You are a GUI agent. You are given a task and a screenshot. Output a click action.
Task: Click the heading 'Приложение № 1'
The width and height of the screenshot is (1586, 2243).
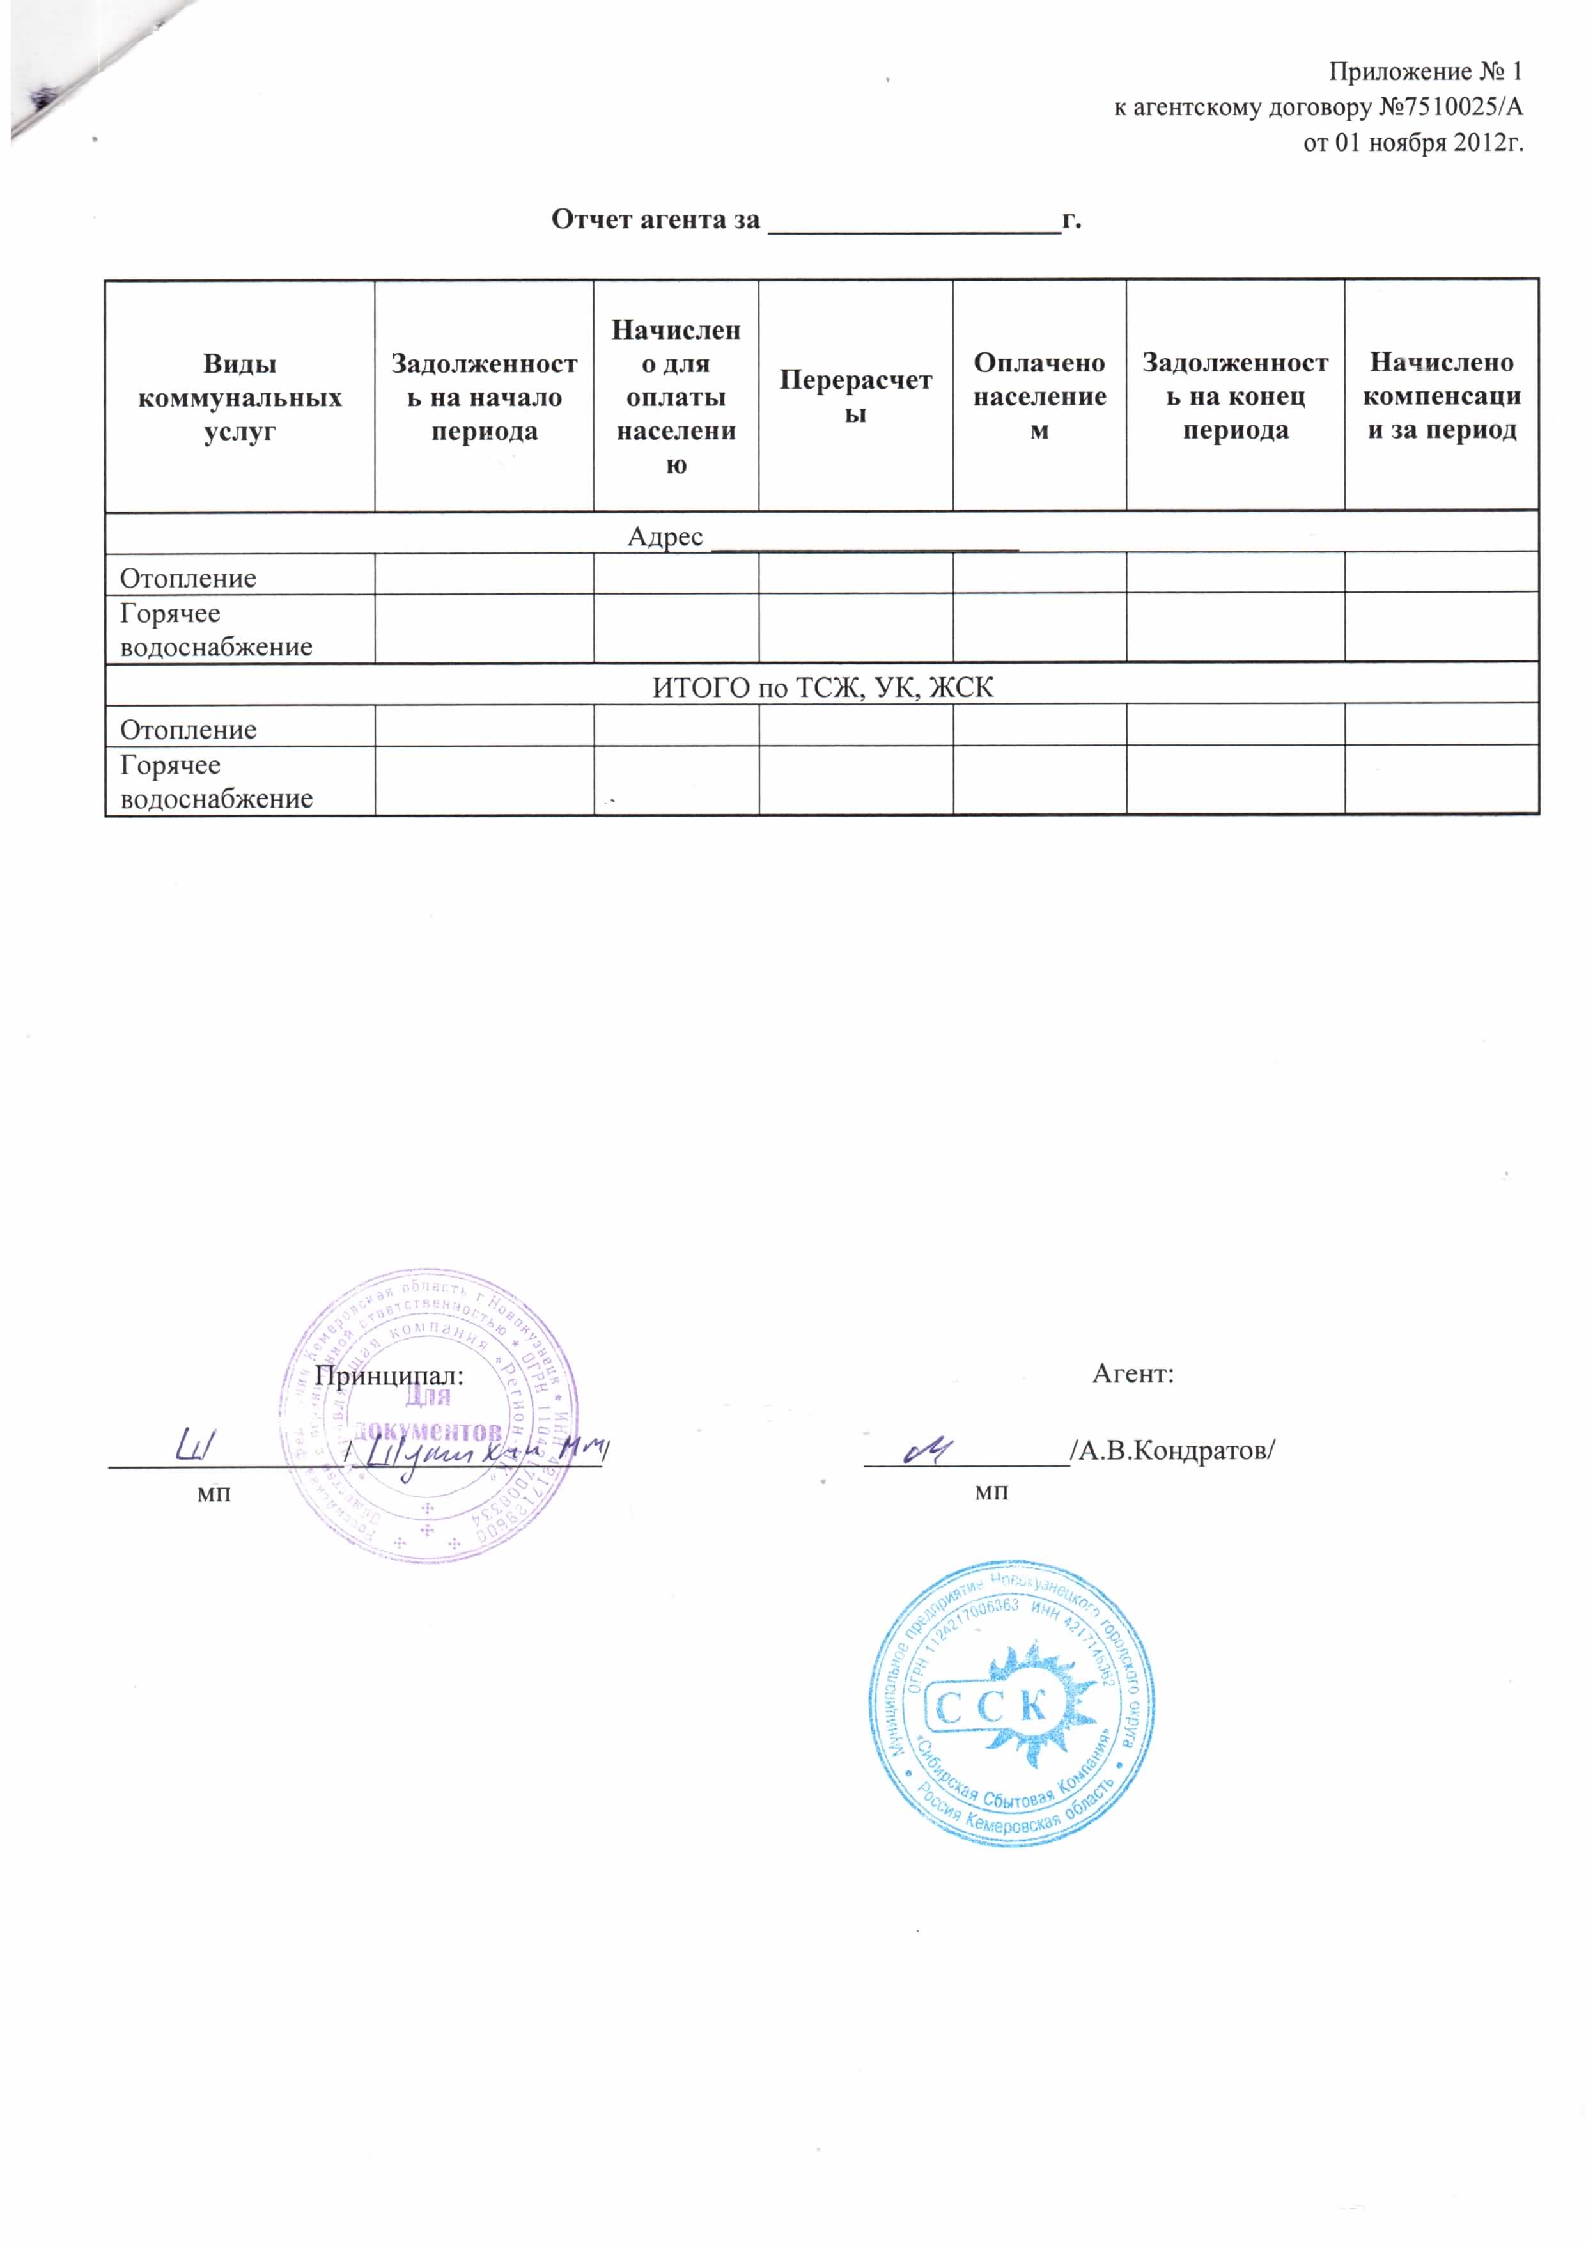[1425, 72]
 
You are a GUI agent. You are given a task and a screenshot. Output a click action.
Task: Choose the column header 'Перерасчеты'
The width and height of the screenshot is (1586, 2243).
[855, 396]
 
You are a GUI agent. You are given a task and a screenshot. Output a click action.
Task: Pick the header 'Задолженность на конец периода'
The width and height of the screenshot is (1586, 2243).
[1236, 396]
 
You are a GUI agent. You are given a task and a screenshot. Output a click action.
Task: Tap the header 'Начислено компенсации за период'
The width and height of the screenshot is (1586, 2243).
[1442, 396]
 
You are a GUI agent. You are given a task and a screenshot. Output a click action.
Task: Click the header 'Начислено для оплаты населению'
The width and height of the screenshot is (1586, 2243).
[676, 396]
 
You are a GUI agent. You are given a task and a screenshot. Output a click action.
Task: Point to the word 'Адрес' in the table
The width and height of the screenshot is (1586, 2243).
[665, 536]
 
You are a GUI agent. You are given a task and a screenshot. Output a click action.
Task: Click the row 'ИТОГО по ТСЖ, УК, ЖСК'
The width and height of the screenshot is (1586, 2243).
[822, 688]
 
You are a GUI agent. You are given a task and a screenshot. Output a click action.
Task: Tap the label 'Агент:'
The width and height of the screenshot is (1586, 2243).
[1133, 1373]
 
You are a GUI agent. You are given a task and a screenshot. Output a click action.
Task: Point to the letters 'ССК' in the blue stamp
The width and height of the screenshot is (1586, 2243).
[994, 1707]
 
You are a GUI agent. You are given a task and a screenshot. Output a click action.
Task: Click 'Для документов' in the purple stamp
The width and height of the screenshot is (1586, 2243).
[427, 1414]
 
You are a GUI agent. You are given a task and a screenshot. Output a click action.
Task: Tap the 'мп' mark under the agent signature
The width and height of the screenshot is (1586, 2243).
[991, 1493]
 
